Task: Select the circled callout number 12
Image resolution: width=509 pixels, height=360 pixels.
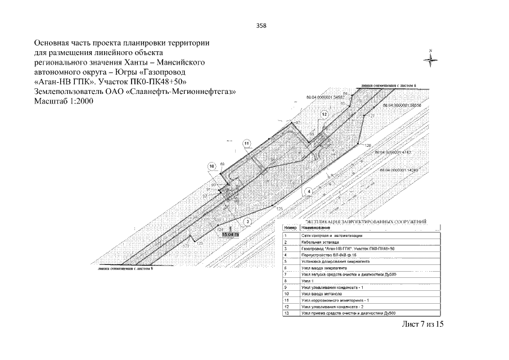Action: tap(324, 114)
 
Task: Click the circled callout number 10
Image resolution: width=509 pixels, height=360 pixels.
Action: tap(211, 166)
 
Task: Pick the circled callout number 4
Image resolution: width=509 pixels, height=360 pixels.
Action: tap(308, 192)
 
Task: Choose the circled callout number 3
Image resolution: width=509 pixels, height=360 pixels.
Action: tap(247, 222)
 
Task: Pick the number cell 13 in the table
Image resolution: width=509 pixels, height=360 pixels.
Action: tap(286, 313)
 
